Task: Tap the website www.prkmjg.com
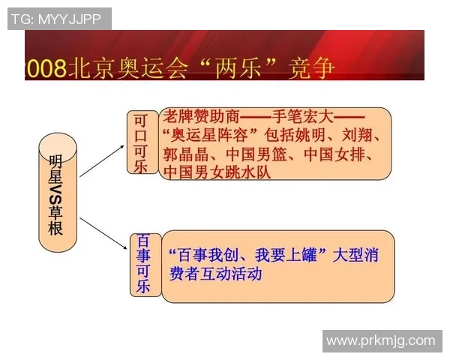(381, 340)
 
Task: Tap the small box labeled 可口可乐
(141, 143)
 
